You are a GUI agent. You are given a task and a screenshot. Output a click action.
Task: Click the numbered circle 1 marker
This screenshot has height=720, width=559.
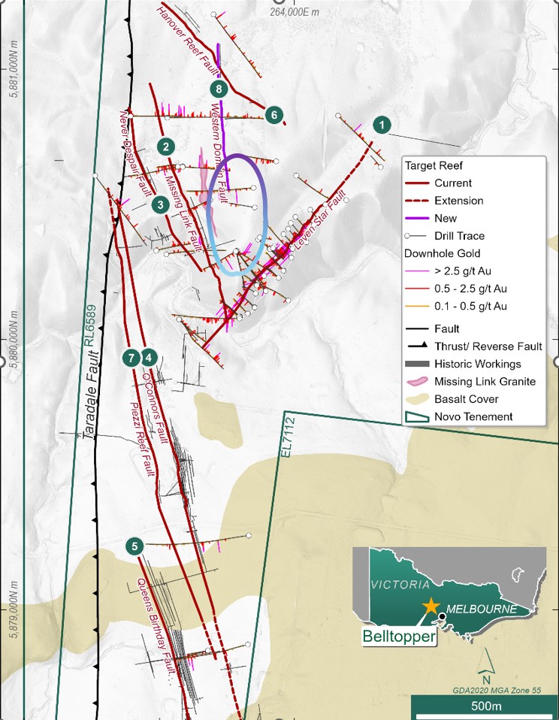pyautogui.click(x=383, y=124)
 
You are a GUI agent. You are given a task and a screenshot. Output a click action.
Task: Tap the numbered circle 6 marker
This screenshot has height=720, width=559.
pyautogui.click(x=274, y=115)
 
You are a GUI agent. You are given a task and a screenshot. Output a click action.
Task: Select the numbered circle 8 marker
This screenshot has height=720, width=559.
pyautogui.click(x=218, y=89)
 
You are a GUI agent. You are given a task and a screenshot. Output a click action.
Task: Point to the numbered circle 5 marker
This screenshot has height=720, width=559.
pyautogui.click(x=134, y=546)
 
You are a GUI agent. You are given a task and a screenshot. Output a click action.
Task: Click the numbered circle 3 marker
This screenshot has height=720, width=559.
pyautogui.click(x=159, y=204)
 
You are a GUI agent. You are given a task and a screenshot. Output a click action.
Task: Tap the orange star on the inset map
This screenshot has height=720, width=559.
pyautogui.click(x=431, y=606)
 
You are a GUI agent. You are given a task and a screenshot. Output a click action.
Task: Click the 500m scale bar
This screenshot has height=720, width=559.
pyautogui.click(x=485, y=706)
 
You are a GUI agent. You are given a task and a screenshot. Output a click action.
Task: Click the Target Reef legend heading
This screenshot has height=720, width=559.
pyautogui.click(x=439, y=165)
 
